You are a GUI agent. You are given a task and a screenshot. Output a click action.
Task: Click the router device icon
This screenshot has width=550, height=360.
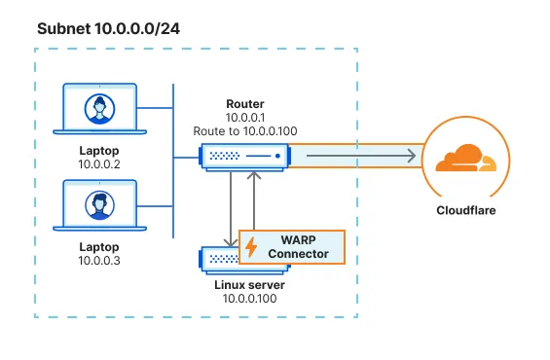(244, 155)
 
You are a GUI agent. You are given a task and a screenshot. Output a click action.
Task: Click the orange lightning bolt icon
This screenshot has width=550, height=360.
(251, 247)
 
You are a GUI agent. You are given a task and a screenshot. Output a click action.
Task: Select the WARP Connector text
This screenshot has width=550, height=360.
(300, 246)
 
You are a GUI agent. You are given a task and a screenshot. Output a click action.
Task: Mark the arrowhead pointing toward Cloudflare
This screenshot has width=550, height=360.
(413, 155)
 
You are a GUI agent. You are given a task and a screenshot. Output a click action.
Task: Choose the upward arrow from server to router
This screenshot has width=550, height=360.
(253, 199)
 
